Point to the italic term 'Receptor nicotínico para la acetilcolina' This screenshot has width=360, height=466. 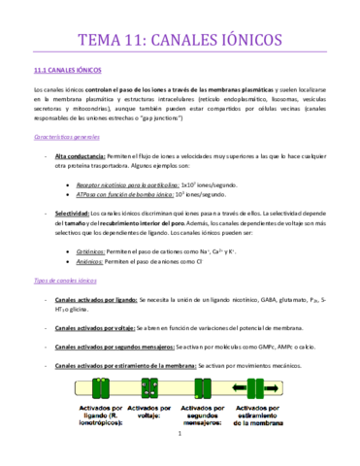tap(131, 183)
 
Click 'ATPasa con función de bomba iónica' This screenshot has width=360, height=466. tap(130, 195)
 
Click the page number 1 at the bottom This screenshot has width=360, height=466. tap(180, 448)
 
